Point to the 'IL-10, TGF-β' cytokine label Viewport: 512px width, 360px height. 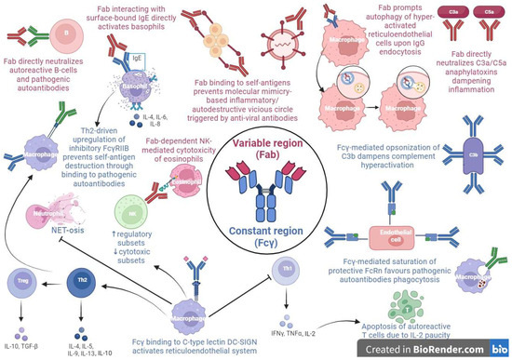[x=25, y=333]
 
